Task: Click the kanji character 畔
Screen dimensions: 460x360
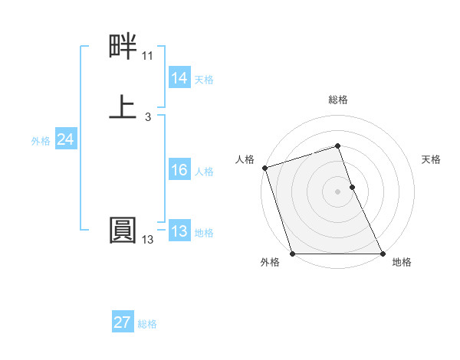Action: (123, 48)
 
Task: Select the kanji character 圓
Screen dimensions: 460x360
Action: (123, 229)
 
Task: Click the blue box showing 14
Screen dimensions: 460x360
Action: (179, 78)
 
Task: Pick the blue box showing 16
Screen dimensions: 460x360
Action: (179, 170)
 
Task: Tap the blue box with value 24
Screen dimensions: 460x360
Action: (65, 139)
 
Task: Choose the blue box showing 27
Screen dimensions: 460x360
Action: (122, 322)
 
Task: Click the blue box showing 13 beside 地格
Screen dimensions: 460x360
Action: (179, 231)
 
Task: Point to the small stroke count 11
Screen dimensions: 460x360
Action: (147, 56)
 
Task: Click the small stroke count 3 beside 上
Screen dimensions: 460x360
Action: (147, 117)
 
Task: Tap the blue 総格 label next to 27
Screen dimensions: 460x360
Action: (147, 324)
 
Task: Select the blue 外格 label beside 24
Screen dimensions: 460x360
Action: (41, 141)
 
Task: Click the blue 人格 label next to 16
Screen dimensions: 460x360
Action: (204, 172)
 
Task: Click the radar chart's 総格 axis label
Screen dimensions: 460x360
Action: (337, 100)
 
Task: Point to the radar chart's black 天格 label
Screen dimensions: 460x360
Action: (431, 159)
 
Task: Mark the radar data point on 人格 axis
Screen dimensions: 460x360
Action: (265, 168)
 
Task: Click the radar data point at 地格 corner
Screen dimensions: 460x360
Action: (382, 254)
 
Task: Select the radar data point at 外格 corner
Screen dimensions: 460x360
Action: (292, 254)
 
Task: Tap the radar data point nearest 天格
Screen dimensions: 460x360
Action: (352, 187)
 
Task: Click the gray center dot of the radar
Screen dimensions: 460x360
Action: (337, 191)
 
